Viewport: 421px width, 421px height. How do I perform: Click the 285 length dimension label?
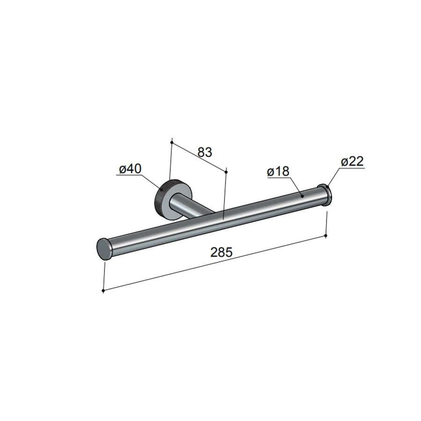tap(221, 253)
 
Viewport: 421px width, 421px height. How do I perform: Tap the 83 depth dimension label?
tap(205, 152)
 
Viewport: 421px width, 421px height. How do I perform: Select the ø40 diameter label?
tap(131, 169)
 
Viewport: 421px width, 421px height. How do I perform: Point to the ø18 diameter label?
tap(278, 172)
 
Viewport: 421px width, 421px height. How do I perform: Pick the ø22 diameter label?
tap(352, 162)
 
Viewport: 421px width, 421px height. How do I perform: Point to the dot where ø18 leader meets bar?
tap(302, 196)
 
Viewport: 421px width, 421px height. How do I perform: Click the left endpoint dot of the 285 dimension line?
tap(103, 291)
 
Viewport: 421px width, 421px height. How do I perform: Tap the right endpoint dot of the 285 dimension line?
tap(326, 237)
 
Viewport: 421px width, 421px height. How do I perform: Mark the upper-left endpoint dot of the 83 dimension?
tap(172, 141)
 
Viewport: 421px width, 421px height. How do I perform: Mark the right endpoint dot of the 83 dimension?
tap(226, 172)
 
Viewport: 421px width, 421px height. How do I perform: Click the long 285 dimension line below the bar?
tap(214, 264)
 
